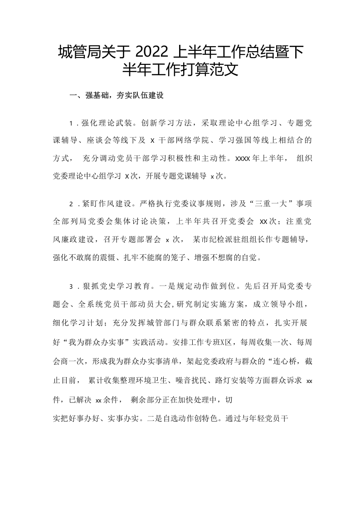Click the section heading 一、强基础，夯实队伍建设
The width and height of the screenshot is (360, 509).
tap(116, 96)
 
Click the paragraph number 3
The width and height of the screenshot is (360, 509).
tap(72, 286)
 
